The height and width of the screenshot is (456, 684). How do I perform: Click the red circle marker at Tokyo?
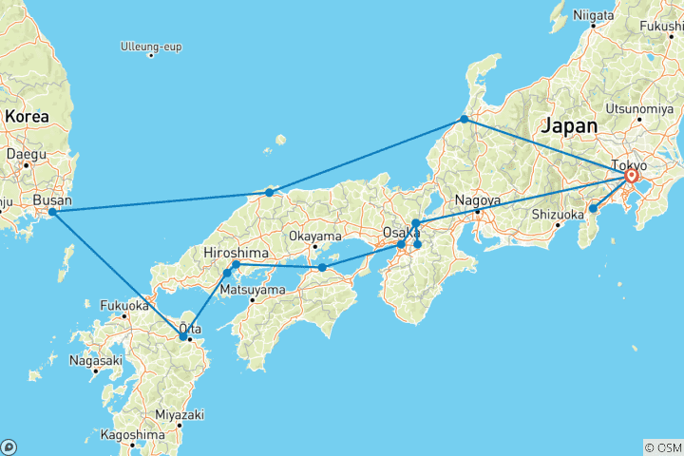632,176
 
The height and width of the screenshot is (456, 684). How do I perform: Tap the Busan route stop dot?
52,211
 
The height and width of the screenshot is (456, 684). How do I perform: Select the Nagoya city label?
477,200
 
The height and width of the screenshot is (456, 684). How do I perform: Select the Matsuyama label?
253,289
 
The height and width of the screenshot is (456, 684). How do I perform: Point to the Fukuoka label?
123,306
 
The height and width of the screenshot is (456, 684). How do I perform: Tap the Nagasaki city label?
96,360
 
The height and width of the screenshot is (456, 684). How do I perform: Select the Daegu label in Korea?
26,152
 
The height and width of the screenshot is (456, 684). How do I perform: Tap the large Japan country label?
570,126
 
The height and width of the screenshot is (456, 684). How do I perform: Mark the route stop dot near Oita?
183,336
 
